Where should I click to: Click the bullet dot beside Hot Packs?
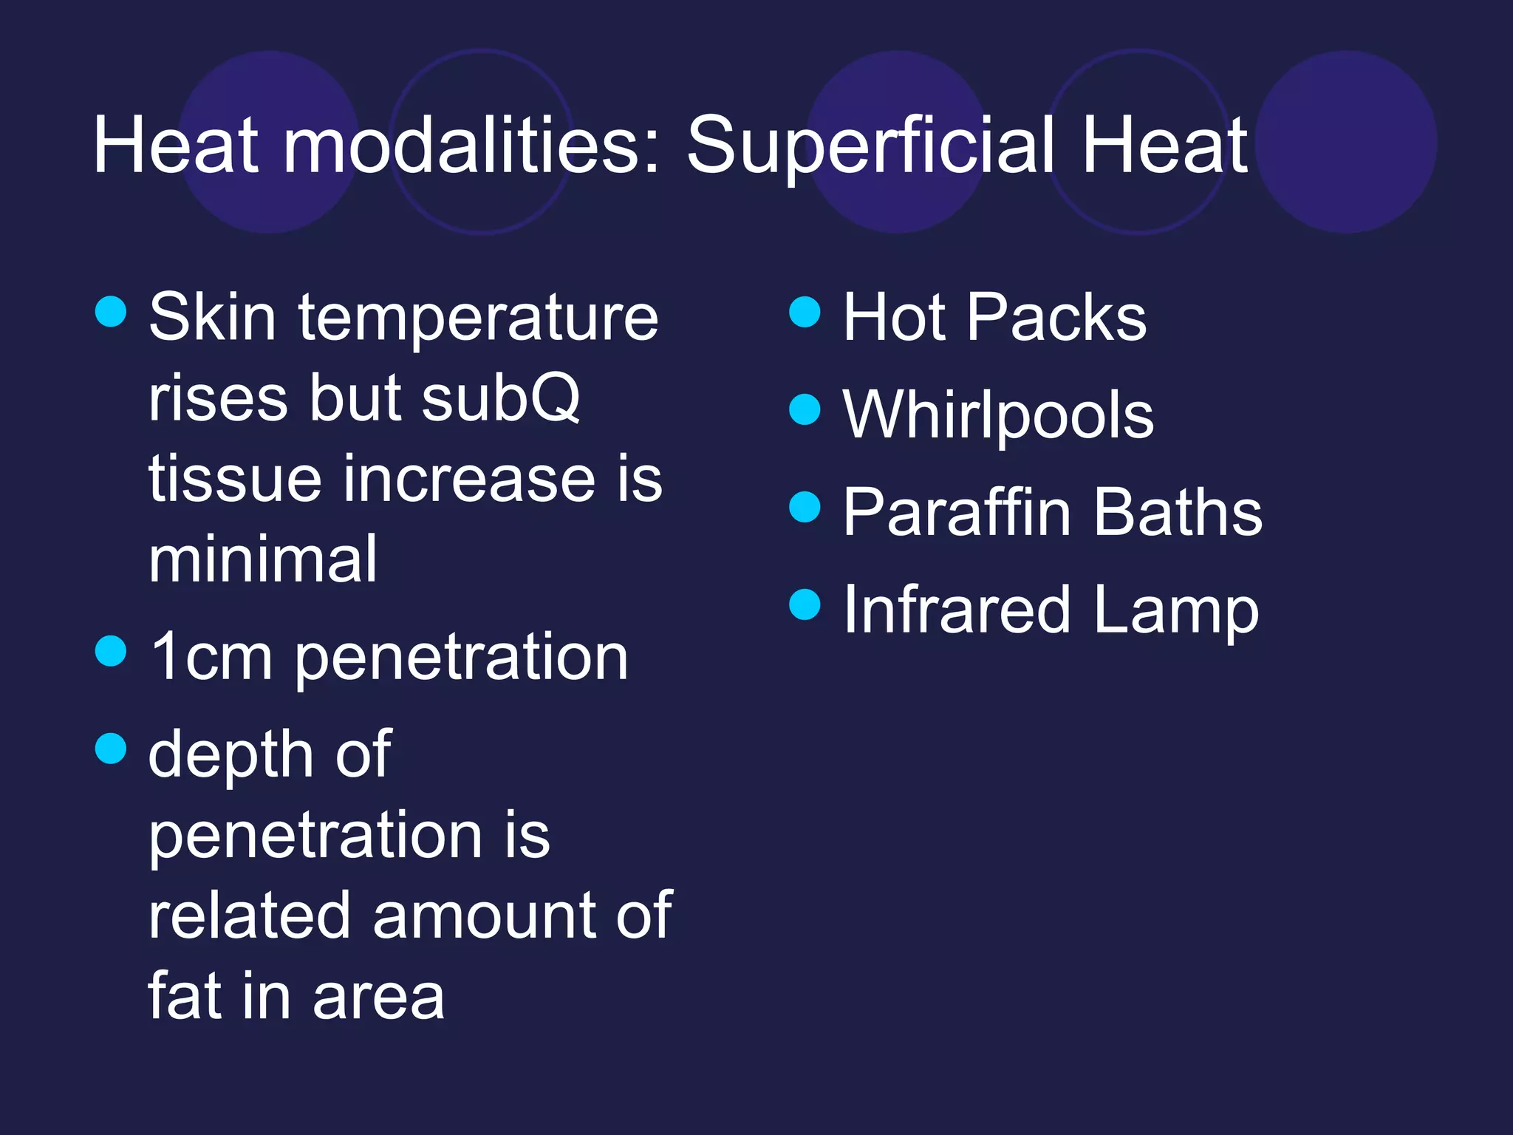point(805,312)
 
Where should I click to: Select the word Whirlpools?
point(998,415)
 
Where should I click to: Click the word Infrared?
point(956,610)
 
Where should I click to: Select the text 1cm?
point(211,657)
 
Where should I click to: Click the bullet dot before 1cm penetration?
point(111,651)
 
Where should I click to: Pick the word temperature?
point(477,318)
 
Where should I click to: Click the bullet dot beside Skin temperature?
point(111,312)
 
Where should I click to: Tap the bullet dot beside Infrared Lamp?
point(805,604)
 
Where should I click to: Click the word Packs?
point(1056,318)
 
